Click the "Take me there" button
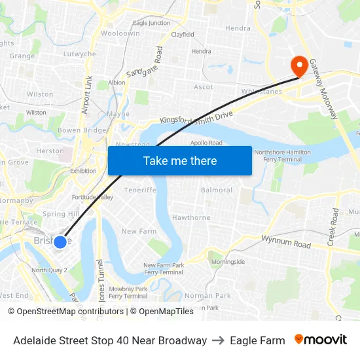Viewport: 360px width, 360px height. (180, 161)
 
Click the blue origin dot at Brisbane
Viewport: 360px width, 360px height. (60, 242)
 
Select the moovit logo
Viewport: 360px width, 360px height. (321, 340)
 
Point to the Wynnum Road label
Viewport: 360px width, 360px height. (285, 243)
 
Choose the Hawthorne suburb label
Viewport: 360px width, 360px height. (191, 218)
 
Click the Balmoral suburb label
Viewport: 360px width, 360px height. (217, 190)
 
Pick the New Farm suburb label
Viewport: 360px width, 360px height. (139, 231)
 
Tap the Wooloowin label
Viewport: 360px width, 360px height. (120, 33)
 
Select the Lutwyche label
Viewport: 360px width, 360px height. (79, 54)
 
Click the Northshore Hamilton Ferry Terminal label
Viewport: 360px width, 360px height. (283, 156)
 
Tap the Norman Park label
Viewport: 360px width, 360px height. (207, 296)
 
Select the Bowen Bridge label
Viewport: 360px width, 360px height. (82, 131)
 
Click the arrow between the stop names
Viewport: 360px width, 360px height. (219, 340)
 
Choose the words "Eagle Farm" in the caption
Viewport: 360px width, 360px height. (257, 340)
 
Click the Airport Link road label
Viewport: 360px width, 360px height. (87, 95)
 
